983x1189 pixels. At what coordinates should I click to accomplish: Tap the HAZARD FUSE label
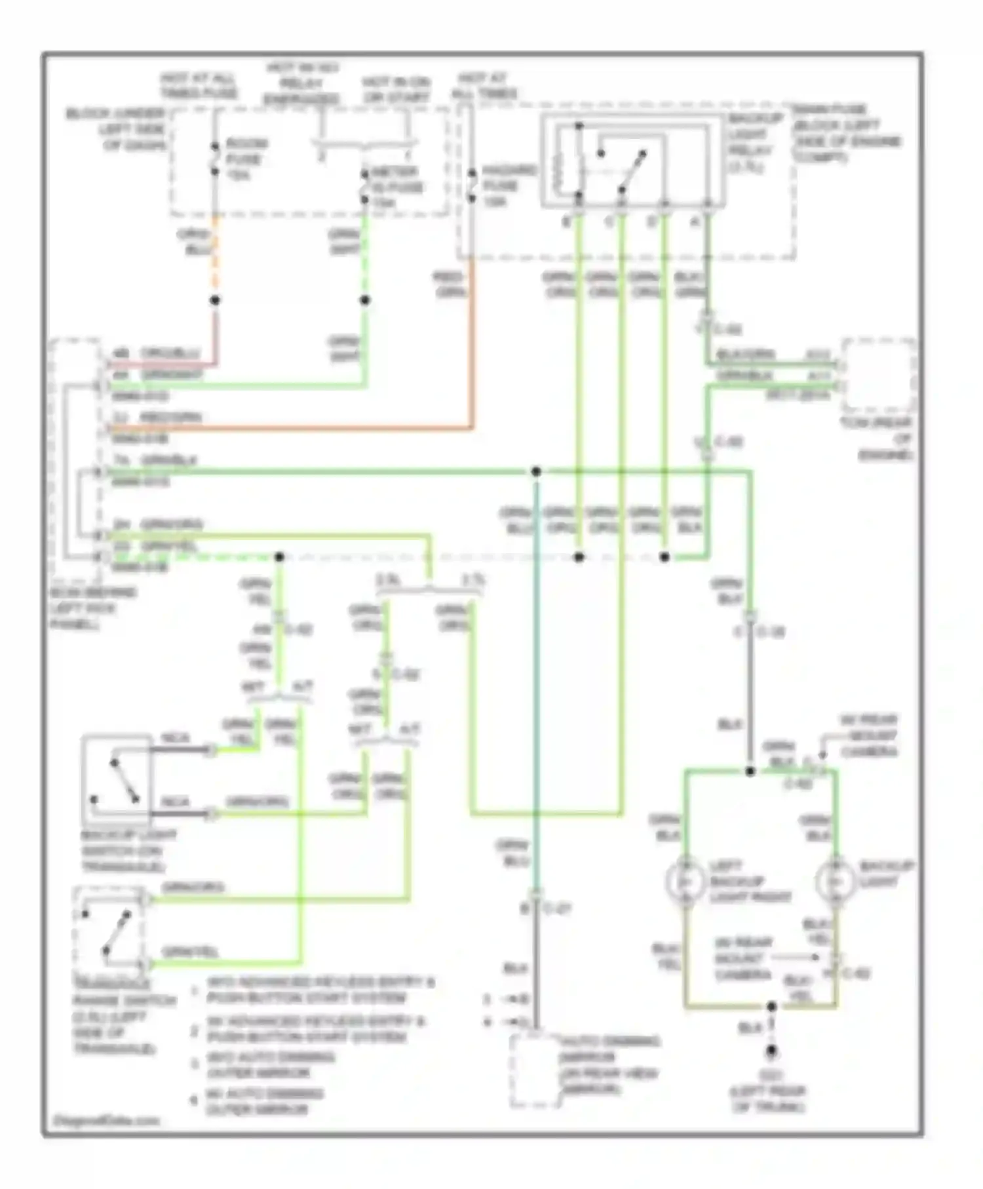509,186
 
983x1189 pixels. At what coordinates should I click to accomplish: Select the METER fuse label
397,187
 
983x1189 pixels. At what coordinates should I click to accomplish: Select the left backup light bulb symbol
685,882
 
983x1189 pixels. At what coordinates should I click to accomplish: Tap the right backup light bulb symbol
835,882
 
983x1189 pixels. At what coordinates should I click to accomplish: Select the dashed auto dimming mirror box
535,1070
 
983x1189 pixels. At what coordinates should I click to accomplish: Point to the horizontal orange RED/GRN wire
295,429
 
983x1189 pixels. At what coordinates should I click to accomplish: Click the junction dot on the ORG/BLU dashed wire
215,300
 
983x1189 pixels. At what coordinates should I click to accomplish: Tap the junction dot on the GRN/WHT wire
365,300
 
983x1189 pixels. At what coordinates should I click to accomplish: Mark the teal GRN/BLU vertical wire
536,688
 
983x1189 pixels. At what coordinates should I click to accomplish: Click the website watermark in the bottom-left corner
106,1120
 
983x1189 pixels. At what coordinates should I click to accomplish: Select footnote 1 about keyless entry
315,990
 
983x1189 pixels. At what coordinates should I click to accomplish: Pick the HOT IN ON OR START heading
396,90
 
